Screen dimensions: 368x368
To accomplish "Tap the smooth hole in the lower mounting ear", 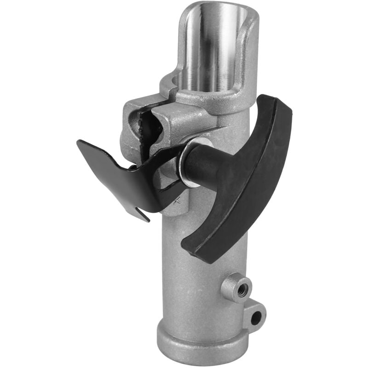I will coord(256,316).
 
